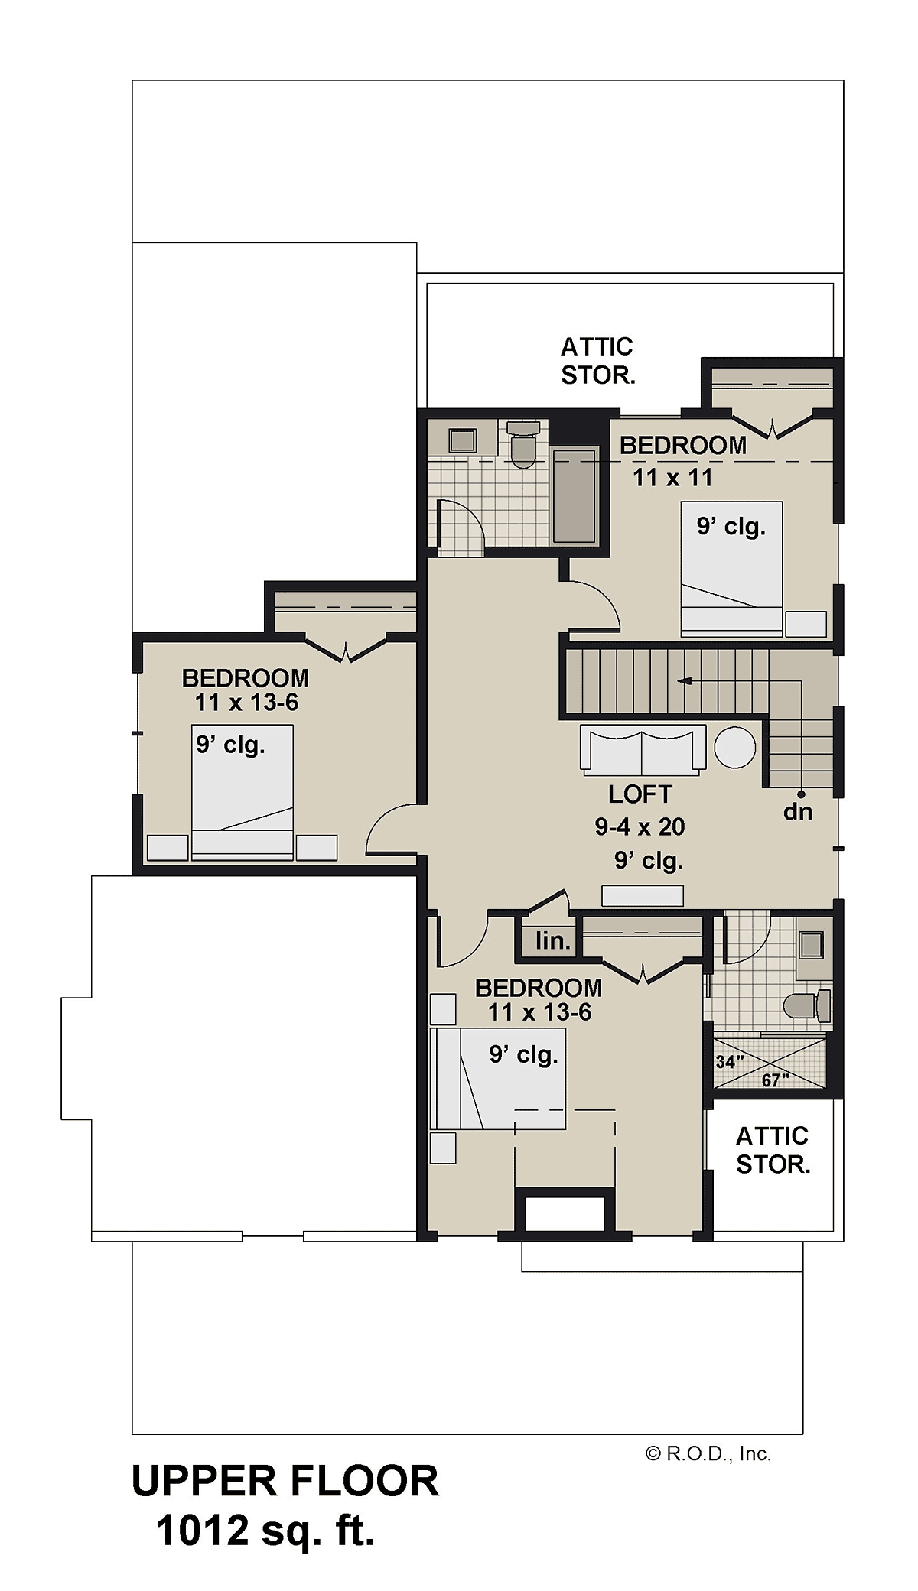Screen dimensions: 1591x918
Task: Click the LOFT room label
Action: [x=640, y=794]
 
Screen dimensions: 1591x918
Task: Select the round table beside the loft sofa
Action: [x=735, y=747]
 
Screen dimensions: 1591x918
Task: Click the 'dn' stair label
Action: [x=797, y=812]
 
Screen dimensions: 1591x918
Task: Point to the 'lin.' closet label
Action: [x=552, y=940]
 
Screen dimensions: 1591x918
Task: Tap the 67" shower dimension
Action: [x=775, y=1080]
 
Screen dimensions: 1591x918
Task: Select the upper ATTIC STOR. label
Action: [x=597, y=361]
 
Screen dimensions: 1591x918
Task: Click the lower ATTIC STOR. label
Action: [x=773, y=1150]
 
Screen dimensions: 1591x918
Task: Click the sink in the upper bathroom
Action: [x=462, y=440]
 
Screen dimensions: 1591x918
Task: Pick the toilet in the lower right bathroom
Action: [x=808, y=1005]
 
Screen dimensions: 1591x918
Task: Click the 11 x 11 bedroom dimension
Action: [x=672, y=478]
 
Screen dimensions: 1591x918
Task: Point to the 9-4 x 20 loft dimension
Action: [x=640, y=826]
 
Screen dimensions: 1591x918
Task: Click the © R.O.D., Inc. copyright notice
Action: [x=708, y=1453]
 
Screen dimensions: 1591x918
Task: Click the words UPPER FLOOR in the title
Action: [x=285, y=1481]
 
